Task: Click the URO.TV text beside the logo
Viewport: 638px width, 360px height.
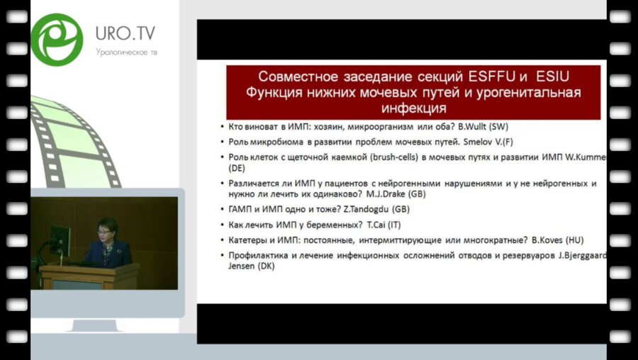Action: click(x=125, y=34)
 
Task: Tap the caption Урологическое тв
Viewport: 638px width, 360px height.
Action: click(x=125, y=52)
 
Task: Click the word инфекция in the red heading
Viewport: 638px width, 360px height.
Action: click(x=412, y=108)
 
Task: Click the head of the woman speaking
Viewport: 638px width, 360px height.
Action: click(x=107, y=229)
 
